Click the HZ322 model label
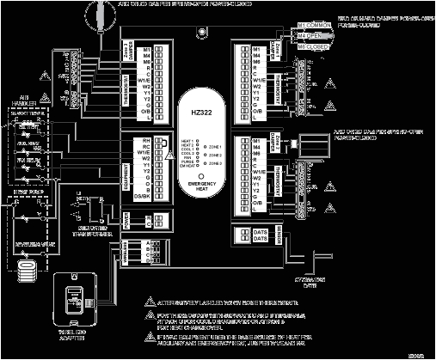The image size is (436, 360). [x=199, y=112]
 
